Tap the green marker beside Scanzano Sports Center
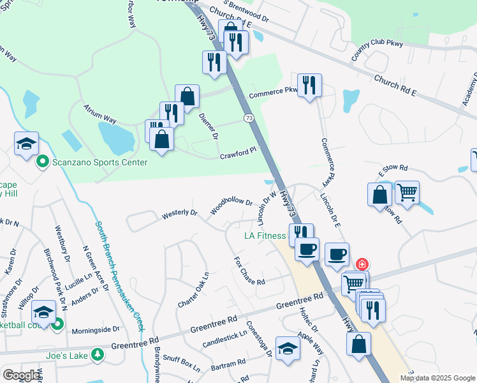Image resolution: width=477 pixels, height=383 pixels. (43, 162)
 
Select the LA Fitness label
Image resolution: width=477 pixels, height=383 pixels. (265, 236)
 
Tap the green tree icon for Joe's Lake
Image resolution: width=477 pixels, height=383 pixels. (97, 354)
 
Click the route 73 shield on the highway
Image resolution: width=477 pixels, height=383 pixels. (249, 118)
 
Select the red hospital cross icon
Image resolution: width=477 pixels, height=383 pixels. (362, 264)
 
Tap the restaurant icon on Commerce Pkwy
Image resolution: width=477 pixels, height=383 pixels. (309, 85)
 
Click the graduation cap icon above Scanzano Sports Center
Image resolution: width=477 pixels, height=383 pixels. (27, 143)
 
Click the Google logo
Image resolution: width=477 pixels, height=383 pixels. (21, 375)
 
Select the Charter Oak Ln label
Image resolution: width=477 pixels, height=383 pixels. (193, 289)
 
